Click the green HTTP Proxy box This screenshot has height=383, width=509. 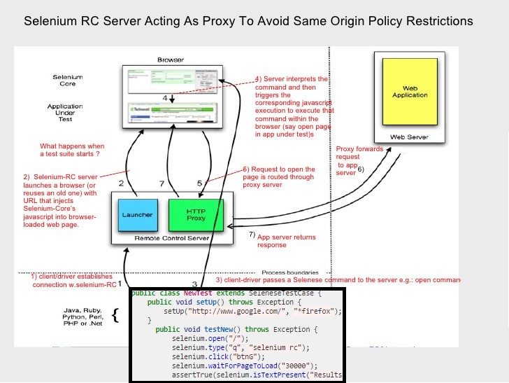tap(196, 214)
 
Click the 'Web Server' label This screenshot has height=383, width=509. tap(410, 137)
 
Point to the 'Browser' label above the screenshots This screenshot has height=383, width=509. tap(171, 60)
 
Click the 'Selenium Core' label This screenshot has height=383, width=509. tap(68, 80)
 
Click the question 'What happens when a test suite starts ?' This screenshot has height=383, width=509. tap(72, 151)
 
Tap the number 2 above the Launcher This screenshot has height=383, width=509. tap(121, 183)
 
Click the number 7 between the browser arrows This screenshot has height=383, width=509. tap(162, 183)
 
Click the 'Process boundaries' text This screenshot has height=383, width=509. tap(290, 272)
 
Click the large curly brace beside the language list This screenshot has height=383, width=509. tap(116, 316)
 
